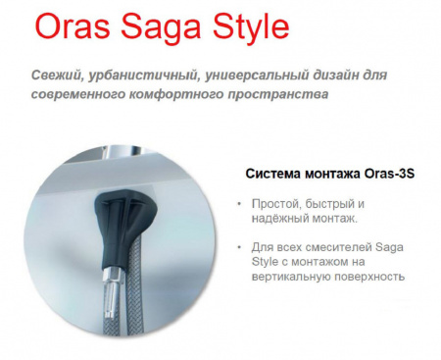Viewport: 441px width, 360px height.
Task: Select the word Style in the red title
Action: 247,27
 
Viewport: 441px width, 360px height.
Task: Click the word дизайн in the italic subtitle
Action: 354,77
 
